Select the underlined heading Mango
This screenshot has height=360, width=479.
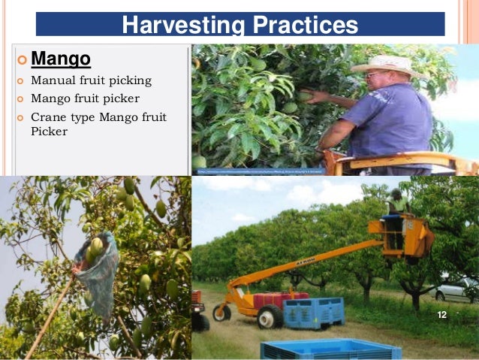[61, 58]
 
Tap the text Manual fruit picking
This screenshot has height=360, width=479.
[91, 80]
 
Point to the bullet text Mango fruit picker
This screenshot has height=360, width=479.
[85, 98]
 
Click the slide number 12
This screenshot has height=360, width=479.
[441, 314]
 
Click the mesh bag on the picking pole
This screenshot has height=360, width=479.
[98, 268]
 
